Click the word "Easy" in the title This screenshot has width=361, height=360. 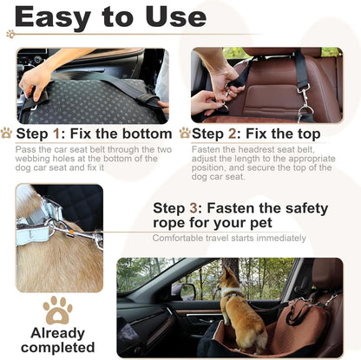[x=62, y=17]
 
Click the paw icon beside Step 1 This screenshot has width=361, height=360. [x=7, y=134]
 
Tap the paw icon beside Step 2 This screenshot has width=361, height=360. [x=184, y=134]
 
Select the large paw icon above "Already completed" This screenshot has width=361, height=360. [x=58, y=309]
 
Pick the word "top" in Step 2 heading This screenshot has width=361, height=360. [x=304, y=134]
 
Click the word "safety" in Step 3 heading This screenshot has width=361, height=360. [x=303, y=209]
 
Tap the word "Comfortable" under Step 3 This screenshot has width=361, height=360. [x=179, y=237]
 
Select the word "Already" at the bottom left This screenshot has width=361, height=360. [x=58, y=333]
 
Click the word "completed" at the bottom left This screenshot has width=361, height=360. [x=58, y=349]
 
